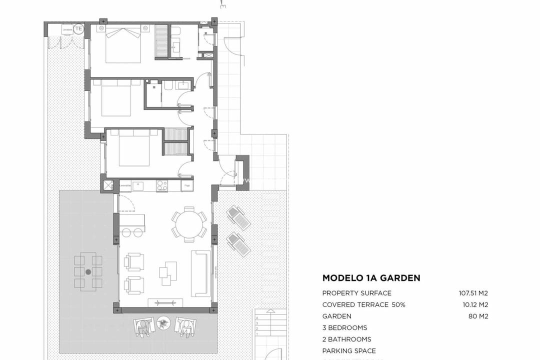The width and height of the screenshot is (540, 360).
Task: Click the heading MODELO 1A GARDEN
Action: (x=371, y=278)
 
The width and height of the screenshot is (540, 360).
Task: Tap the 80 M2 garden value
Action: (x=478, y=316)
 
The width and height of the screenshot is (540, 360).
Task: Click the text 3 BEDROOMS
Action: (x=344, y=328)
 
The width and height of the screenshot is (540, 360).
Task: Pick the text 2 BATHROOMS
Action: (x=346, y=339)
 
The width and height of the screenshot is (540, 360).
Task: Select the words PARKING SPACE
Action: (x=348, y=351)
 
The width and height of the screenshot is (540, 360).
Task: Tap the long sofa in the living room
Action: (x=200, y=273)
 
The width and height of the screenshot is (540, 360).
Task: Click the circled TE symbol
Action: (x=78, y=29)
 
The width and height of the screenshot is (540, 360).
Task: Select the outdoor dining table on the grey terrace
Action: (x=88, y=272)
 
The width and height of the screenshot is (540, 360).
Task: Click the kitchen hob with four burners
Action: (x=162, y=185)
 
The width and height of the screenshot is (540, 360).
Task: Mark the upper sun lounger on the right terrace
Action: (x=238, y=218)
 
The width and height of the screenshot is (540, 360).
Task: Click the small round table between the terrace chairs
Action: (x=163, y=323)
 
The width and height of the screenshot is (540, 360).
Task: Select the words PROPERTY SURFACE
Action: (x=356, y=293)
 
